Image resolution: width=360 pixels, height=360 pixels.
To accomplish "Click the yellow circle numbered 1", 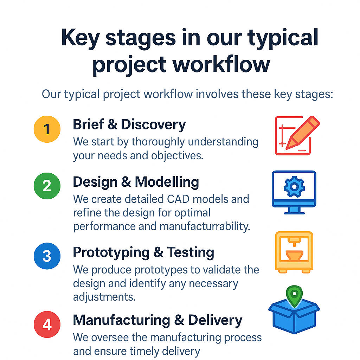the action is pyautogui.click(x=47, y=129).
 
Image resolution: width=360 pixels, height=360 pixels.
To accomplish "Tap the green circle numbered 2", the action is pyautogui.click(x=47, y=186).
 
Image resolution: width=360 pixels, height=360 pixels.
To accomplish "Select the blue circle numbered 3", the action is pyautogui.click(x=47, y=256).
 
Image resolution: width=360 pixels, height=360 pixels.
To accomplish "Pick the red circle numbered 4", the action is pyautogui.click(x=47, y=324).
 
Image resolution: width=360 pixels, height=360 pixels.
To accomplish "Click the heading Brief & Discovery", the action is pyautogui.click(x=129, y=124).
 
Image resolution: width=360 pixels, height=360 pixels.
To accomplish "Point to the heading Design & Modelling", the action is pyautogui.click(x=136, y=182).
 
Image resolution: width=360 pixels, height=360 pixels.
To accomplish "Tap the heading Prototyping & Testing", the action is pyautogui.click(x=143, y=252).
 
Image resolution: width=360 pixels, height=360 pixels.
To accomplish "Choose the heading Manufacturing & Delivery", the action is pyautogui.click(x=157, y=320).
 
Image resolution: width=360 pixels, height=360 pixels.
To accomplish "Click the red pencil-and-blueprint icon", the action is pyautogui.click(x=297, y=135).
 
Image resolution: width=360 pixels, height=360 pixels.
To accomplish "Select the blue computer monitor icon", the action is pyautogui.click(x=294, y=192).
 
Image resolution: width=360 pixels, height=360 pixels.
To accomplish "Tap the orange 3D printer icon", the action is pyautogui.click(x=294, y=252).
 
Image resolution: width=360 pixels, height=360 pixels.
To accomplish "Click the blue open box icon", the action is pyautogui.click(x=294, y=317).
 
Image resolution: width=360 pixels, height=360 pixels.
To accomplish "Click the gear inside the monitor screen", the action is pyautogui.click(x=294, y=187).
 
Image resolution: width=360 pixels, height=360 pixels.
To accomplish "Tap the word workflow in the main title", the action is pyautogui.click(x=221, y=65).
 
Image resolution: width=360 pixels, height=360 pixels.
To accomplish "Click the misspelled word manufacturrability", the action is pyautogui.click(x=205, y=227).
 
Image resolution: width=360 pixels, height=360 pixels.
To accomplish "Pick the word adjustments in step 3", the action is pyautogui.click(x=104, y=297).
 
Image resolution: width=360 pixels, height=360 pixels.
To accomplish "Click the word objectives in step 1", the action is pyautogui.click(x=177, y=156).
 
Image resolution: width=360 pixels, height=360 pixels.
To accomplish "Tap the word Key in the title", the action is pyautogui.click(x=81, y=38).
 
